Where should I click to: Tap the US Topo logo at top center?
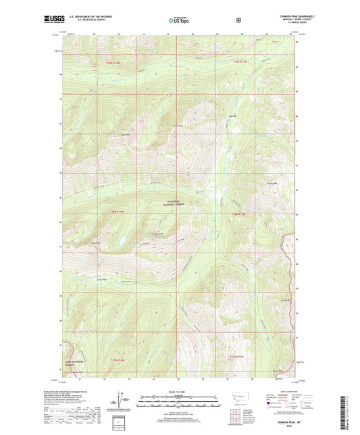(x=179, y=21)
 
